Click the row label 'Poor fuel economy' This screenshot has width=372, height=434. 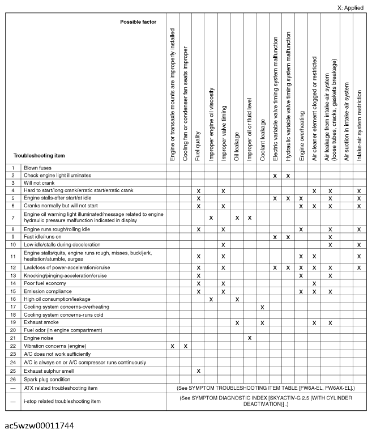(48, 283)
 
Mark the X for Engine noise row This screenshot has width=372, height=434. (250, 338)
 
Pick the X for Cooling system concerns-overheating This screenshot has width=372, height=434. (262, 307)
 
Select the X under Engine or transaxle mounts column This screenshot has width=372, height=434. (172, 346)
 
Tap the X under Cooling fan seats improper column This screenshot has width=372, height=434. (185, 346)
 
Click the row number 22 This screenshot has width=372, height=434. (12, 346)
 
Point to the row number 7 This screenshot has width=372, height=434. (12, 218)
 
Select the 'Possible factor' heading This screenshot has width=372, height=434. (138, 22)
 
